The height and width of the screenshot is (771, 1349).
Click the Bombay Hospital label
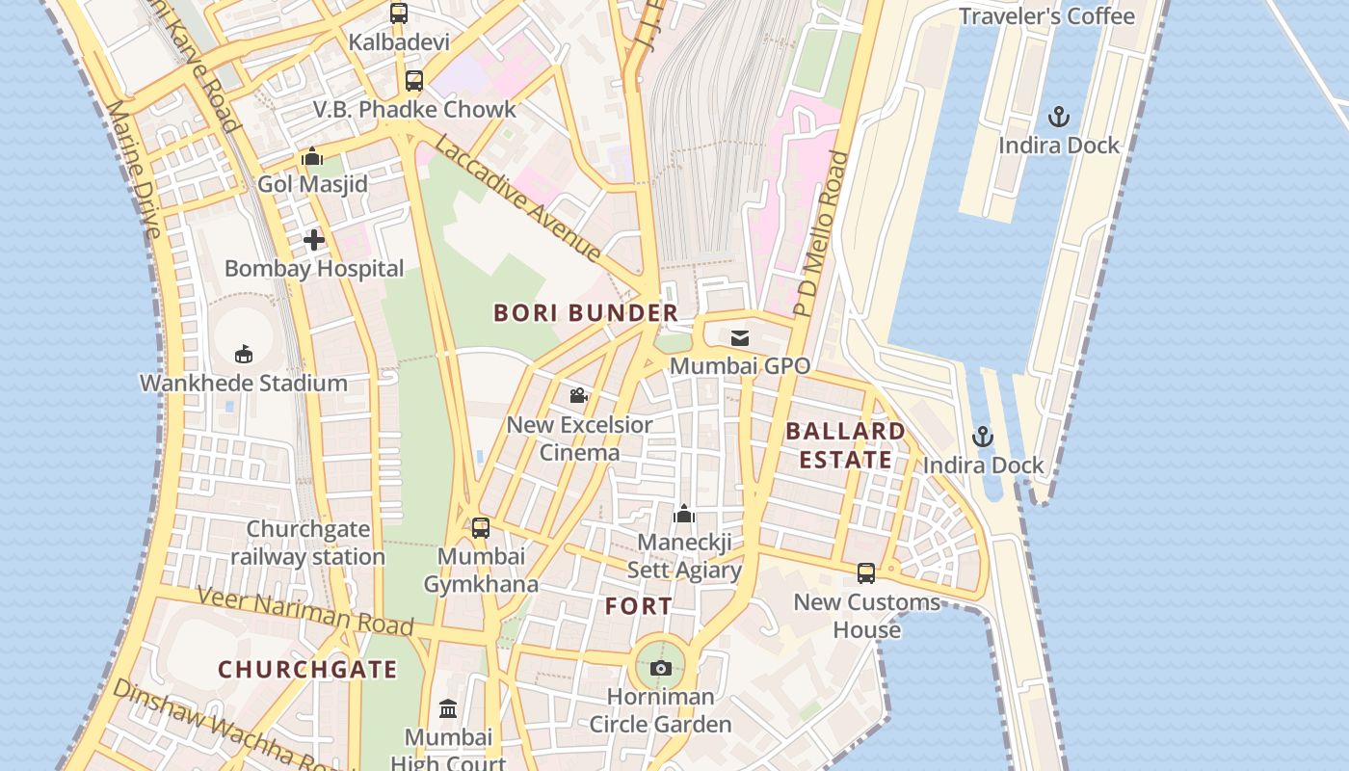[314, 268]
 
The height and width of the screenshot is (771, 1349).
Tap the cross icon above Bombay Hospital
[314, 240]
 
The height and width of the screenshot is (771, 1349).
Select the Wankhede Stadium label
[244, 383]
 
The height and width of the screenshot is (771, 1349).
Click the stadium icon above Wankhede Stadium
[244, 354]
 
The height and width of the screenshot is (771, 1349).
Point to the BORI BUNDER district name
[586, 313]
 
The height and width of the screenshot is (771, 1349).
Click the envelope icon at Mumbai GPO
[740, 337]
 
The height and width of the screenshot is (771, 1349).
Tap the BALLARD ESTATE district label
[845, 445]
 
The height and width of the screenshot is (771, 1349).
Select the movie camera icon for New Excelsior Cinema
[578, 395]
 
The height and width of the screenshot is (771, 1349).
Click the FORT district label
[639, 606]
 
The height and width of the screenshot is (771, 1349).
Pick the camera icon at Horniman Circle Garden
[661, 668]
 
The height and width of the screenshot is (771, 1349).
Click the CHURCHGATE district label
[307, 670]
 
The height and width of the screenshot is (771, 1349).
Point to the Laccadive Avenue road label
[518, 199]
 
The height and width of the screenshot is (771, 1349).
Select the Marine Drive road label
[135, 170]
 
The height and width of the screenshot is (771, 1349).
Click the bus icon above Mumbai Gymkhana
[481, 527]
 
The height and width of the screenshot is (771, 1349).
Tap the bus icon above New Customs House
[866, 573]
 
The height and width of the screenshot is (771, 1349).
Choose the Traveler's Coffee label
[1046, 16]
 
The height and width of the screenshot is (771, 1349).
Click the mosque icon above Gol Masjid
[312, 156]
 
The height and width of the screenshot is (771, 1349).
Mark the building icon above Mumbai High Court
[448, 709]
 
